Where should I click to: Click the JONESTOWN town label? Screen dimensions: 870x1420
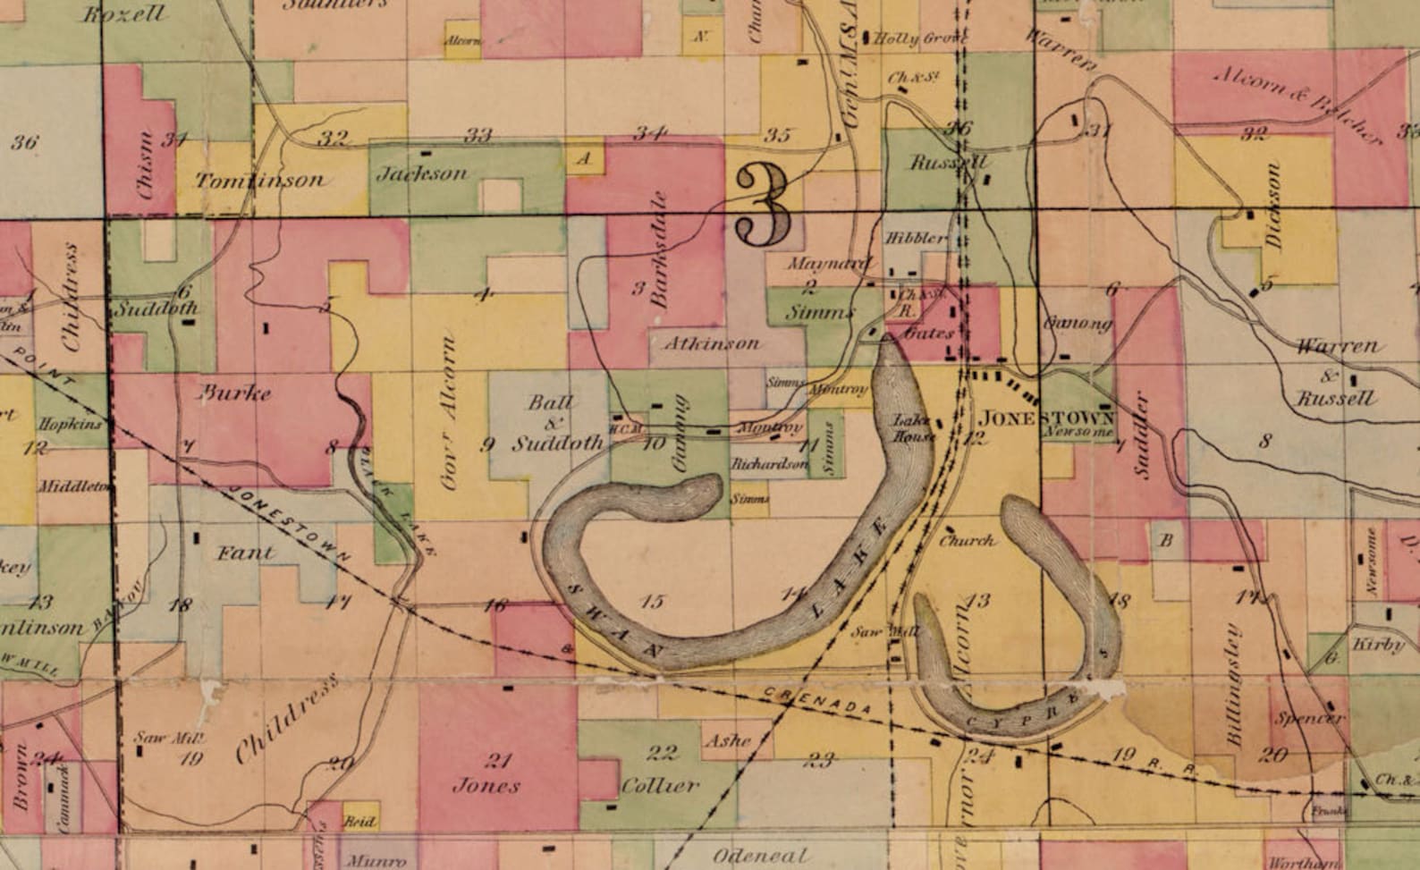(1047, 418)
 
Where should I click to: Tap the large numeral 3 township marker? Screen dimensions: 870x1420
(762, 207)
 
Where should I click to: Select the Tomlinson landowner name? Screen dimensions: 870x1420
(259, 181)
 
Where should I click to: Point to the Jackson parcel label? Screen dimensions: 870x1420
(421, 173)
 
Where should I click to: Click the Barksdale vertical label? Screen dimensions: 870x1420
(661, 249)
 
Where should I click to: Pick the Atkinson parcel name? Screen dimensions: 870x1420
(712, 342)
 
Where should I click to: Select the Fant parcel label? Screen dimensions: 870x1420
(245, 553)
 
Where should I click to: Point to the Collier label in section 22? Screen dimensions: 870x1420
(660, 785)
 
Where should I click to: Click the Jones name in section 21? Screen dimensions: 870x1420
(486, 786)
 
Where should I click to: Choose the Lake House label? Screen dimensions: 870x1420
(914, 429)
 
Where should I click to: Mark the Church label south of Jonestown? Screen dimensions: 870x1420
(967, 540)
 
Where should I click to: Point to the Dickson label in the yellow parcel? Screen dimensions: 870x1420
(1274, 207)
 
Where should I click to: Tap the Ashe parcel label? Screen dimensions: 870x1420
(727, 740)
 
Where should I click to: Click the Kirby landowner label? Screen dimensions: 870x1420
(1377, 645)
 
